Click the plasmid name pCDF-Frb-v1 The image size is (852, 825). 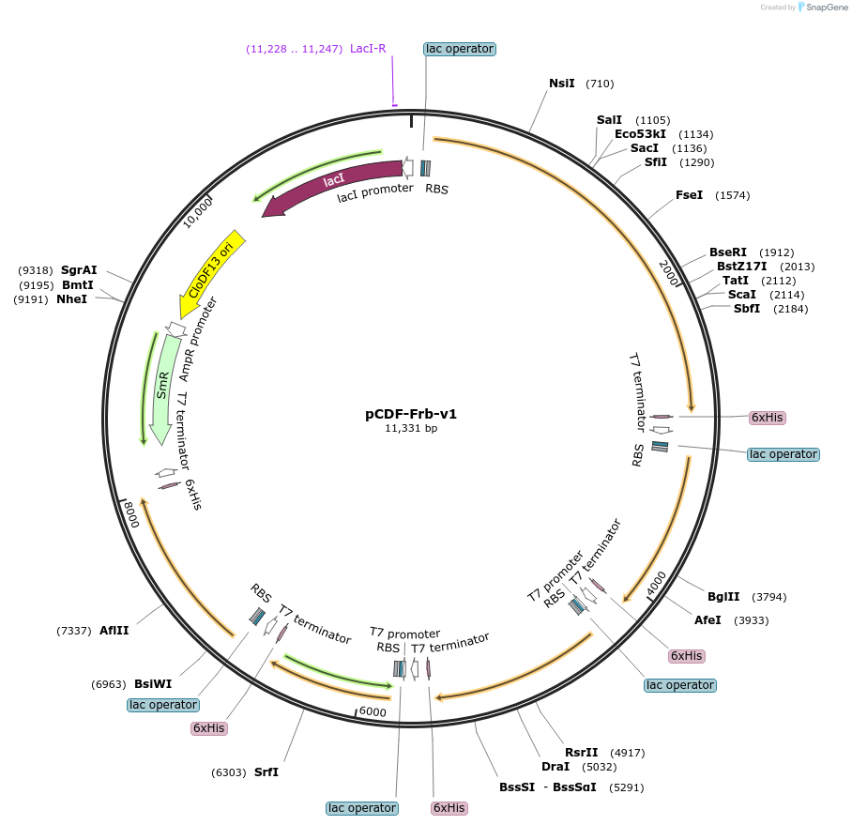click(x=411, y=413)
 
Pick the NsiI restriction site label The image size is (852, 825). click(x=561, y=84)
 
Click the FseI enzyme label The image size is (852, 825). click(x=689, y=195)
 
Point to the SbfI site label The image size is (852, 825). click(x=747, y=309)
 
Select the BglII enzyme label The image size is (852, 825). click(x=723, y=596)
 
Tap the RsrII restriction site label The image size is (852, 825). click(x=581, y=752)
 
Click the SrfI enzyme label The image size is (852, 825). click(x=266, y=772)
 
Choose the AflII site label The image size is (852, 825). click(x=114, y=631)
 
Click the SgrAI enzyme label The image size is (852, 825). click(x=79, y=269)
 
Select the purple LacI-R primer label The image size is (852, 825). click(x=368, y=48)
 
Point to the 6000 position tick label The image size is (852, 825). click(x=373, y=712)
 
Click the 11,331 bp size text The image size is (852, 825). click(x=411, y=428)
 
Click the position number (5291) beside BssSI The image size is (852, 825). click(x=626, y=787)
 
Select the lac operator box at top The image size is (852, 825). click(x=459, y=49)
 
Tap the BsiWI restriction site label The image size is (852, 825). click(x=153, y=684)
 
